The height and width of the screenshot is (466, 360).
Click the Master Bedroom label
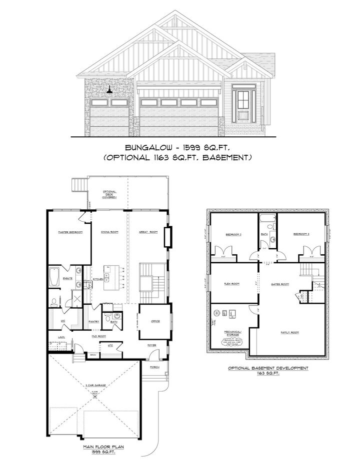(x=70, y=232)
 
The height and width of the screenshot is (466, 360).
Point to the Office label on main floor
(x=155, y=321)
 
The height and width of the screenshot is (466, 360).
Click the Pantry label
(x=93, y=321)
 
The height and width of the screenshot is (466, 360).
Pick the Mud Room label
(x=97, y=337)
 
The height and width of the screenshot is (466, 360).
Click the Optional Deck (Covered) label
(x=109, y=194)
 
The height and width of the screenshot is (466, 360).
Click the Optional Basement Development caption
(x=268, y=368)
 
